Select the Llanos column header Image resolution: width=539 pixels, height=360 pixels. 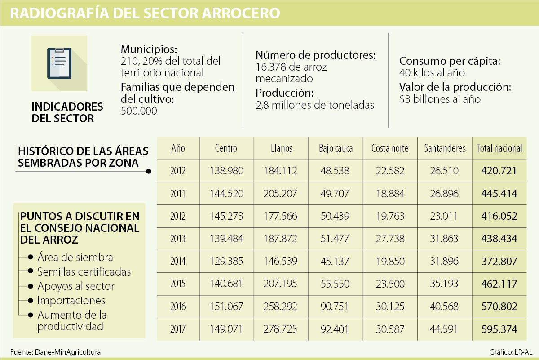[282, 148]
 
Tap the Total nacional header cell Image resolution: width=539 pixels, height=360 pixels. [499, 148]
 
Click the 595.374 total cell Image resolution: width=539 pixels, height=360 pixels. [499, 329]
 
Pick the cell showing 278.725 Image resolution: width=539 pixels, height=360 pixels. [282, 329]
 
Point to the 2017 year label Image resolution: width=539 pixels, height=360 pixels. [178, 329]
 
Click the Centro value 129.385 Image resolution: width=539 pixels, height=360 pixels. [226, 261]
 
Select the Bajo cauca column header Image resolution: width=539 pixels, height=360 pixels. [336, 148]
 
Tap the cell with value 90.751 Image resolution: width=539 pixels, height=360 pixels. [336, 307]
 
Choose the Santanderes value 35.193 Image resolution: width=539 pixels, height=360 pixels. [445, 284]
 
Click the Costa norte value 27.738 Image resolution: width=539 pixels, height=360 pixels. [390, 239]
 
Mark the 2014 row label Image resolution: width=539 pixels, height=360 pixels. [178, 261]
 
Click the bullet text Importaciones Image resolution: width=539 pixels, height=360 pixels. [71, 300]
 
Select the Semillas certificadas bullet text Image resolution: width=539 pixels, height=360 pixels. [84, 271]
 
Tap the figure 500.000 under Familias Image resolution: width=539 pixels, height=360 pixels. [139, 111]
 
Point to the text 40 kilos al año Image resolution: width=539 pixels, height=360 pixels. [432, 72]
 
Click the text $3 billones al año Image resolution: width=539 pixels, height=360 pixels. [440, 99]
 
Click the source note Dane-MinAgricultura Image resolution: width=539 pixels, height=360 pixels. [67, 352]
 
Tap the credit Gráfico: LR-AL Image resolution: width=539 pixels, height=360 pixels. [511, 352]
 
